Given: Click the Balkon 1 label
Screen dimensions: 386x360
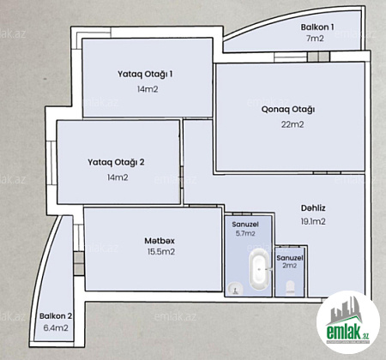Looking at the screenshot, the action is coord(317,27).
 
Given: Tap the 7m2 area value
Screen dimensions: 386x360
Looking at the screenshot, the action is coord(315,39).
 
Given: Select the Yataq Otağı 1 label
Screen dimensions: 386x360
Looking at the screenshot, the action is coord(145,75).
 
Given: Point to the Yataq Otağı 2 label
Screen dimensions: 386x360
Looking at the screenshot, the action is coord(116,162).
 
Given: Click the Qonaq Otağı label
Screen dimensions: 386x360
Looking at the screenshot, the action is coord(288,110).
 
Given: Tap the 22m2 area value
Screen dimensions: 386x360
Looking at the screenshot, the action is coord(293,124).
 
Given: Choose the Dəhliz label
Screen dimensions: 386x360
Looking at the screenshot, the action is coord(313,208).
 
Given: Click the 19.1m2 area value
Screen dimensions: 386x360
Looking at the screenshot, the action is coord(313,221).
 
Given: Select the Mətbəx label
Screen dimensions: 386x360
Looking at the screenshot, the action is coord(160,241).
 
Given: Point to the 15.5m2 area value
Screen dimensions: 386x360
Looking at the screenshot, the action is coord(161,252).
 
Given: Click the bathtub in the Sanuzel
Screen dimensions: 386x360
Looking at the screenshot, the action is coord(259,269).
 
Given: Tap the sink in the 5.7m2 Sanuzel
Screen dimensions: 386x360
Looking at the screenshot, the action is coord(235,289).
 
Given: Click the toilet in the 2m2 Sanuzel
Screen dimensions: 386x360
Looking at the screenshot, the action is coord(290,287).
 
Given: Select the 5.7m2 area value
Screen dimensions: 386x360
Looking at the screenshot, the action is coord(245,233).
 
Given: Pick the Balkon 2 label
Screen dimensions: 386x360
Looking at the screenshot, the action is coord(56,316).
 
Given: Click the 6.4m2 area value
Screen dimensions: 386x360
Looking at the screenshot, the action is coord(56,328).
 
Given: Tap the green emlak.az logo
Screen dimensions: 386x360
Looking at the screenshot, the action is coord(348,322).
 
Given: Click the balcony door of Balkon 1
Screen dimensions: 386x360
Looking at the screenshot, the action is coord(318,57).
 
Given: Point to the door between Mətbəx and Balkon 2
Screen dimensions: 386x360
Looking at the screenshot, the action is coord(79,263).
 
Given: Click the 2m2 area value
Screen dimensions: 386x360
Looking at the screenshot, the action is coord(290,266).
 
